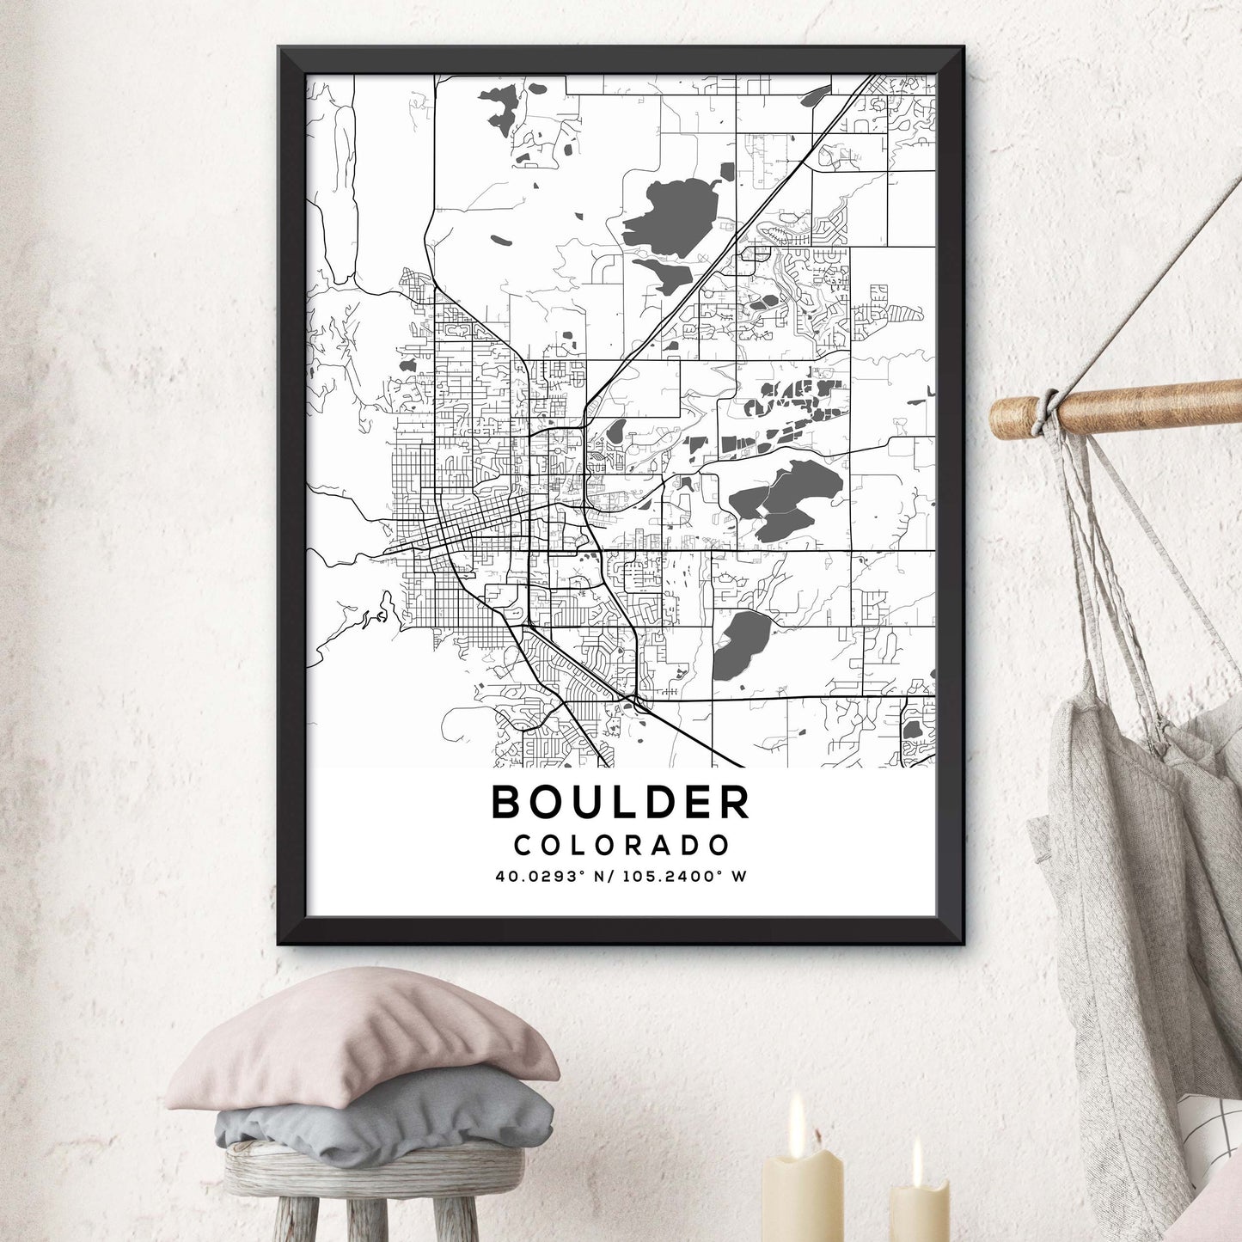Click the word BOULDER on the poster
point(621,802)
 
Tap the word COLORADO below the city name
point(621,845)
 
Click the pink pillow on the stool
point(361,1039)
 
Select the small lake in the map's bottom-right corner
point(912,729)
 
